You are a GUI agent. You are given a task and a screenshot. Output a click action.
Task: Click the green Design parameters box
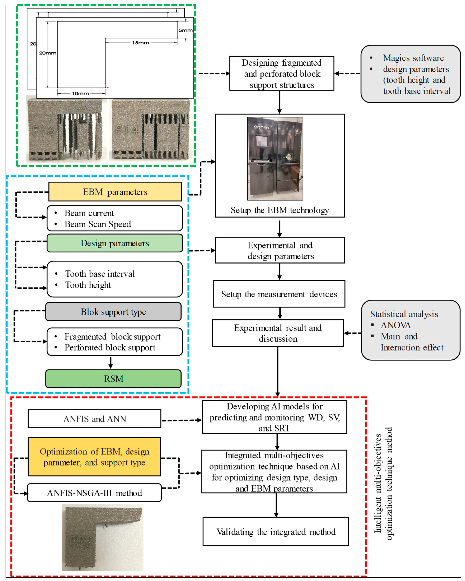(115, 243)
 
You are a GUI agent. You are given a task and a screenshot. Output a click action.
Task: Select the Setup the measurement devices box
(279, 294)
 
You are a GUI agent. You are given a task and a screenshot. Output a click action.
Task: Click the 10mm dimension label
(80, 94)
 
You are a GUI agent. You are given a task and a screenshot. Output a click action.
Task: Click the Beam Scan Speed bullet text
(98, 224)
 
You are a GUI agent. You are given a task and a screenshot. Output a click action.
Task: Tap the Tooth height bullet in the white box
(88, 285)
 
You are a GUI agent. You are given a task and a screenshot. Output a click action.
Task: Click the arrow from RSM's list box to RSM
(111, 362)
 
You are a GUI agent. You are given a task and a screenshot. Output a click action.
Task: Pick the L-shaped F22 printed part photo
(102, 538)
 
